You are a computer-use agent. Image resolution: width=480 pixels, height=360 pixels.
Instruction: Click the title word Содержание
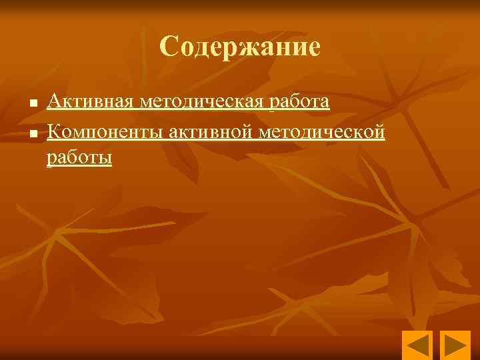click(x=240, y=47)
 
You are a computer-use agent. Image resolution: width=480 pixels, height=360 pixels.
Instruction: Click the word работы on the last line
click(x=79, y=158)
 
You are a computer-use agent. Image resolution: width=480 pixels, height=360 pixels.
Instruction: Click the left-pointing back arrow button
click(x=417, y=345)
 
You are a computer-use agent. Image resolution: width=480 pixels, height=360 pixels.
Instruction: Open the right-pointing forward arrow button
click(x=457, y=345)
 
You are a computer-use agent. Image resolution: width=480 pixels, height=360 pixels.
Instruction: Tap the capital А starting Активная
click(x=54, y=101)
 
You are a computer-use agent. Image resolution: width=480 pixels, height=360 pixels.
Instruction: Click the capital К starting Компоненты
click(x=54, y=133)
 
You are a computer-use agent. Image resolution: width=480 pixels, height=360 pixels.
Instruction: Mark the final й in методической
click(x=380, y=133)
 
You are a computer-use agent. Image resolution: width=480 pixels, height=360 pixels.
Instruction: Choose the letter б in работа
click(x=289, y=102)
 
